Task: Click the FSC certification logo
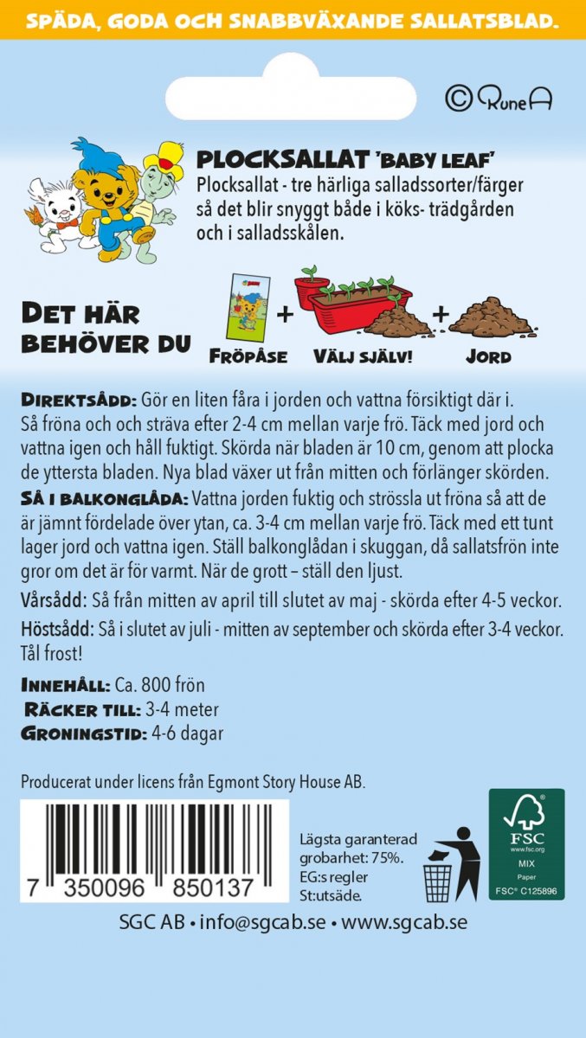pos(526,843)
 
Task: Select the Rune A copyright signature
pos(499,99)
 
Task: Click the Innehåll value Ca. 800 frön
pos(160,685)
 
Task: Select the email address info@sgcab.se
pos(262,922)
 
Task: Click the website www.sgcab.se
pos(404,922)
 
